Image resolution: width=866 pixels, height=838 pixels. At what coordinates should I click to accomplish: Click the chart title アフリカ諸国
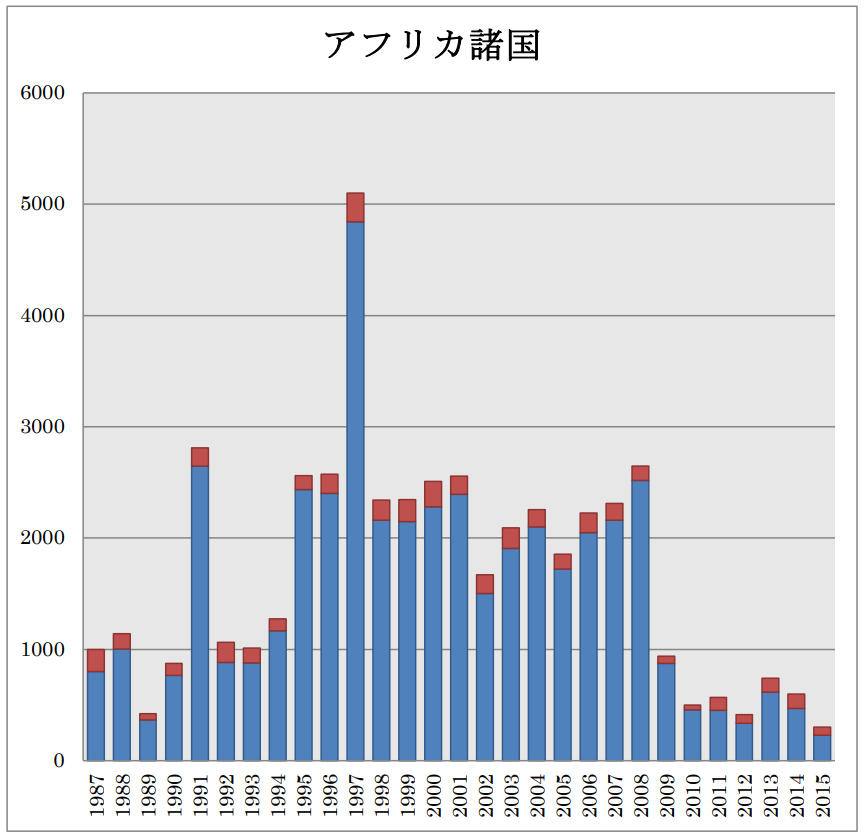click(432, 44)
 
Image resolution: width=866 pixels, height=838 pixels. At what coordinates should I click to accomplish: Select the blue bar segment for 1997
click(355, 490)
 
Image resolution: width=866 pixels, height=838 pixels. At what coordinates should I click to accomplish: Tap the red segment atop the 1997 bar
click(355, 207)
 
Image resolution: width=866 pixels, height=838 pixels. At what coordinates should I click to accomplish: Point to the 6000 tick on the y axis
click(43, 94)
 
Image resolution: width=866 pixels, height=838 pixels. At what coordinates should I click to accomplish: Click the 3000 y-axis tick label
click(43, 427)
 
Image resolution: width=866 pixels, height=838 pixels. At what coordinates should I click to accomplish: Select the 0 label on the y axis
click(59, 761)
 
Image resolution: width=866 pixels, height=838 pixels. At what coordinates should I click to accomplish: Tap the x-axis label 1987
click(96, 795)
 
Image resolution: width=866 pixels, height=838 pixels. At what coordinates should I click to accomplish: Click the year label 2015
click(822, 795)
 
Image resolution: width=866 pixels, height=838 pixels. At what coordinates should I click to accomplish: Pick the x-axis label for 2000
click(433, 795)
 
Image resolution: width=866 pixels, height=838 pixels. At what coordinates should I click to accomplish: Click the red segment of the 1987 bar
click(96, 660)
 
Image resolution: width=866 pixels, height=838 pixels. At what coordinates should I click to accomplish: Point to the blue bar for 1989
click(148, 740)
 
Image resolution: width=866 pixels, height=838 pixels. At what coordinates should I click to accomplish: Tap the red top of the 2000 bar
click(433, 494)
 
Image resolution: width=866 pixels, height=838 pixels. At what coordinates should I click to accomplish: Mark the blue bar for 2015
click(822, 748)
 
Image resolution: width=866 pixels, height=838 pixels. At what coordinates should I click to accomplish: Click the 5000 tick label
click(43, 205)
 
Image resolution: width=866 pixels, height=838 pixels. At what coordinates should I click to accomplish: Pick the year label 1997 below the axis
click(355, 795)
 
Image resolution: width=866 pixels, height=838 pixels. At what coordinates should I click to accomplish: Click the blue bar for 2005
click(563, 665)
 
